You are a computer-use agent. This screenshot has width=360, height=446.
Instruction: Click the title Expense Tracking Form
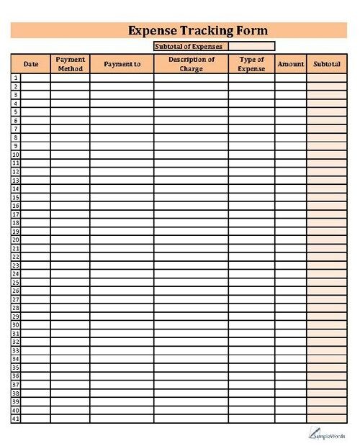coord(197,30)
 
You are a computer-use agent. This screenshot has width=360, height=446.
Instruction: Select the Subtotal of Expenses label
coord(191,46)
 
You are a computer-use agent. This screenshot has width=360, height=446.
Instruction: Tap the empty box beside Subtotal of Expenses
coord(251,46)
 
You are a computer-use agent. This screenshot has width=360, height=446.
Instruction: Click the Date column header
coord(31,64)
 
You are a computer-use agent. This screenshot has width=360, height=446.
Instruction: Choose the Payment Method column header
coord(71,64)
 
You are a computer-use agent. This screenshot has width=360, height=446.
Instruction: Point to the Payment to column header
coord(122,64)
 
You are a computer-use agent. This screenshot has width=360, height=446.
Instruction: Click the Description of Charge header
coord(191,64)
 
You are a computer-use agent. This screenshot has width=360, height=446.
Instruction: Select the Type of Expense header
coord(251,64)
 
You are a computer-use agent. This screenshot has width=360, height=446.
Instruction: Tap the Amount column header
coord(291,64)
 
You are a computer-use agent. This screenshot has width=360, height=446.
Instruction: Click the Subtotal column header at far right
coord(328,64)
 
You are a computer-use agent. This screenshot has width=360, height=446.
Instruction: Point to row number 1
coord(15,78)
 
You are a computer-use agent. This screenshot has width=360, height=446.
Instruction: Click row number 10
coord(15,155)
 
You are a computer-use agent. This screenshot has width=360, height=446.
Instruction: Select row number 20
coord(15,240)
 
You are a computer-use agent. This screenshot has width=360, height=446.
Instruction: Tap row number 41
coord(15,419)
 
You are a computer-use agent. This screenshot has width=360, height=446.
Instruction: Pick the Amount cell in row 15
coord(291,197)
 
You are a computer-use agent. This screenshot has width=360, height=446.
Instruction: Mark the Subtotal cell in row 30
coord(328,325)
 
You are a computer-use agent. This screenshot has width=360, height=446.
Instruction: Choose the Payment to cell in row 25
coord(122,283)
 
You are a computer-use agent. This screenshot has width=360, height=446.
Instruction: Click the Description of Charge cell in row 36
coord(191,376)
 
